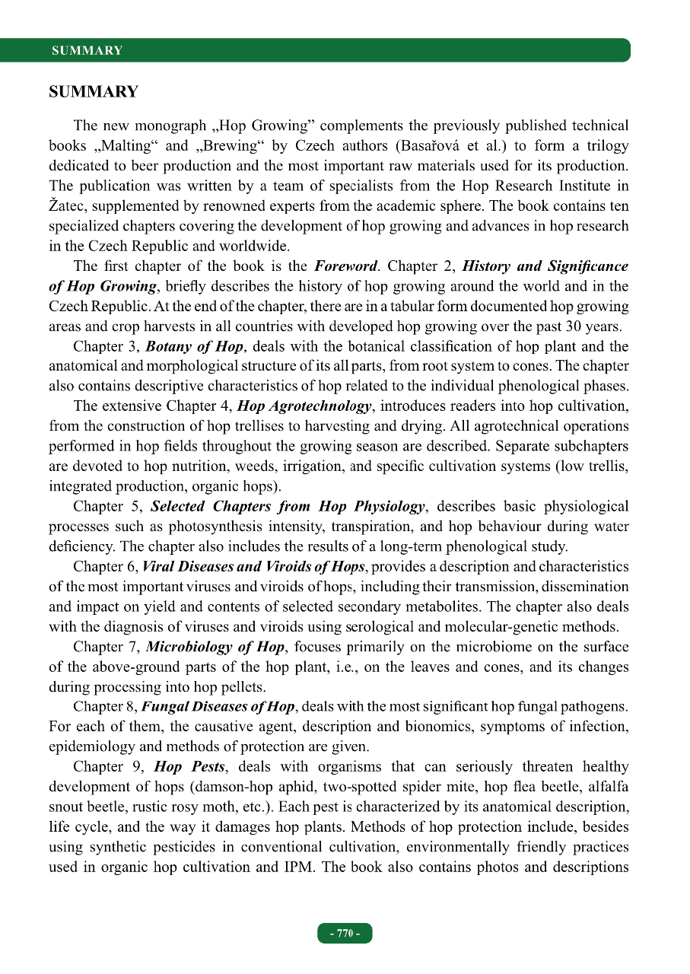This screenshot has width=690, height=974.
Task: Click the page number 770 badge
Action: [345, 934]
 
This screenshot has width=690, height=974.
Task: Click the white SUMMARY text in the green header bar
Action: [87, 51]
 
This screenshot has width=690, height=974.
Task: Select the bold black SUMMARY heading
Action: [94, 93]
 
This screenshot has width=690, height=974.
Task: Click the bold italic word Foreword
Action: [346, 266]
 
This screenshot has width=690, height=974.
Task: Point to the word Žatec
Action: [68, 206]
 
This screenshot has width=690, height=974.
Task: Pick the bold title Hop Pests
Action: [196, 767]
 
